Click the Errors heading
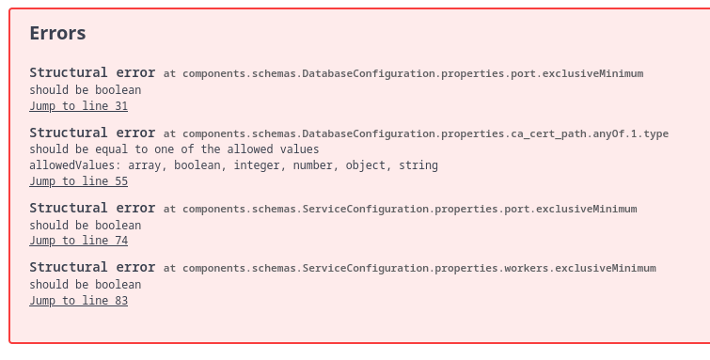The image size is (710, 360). [x=57, y=34]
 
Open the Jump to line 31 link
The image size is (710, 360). [x=78, y=106]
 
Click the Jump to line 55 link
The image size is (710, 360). [x=78, y=181]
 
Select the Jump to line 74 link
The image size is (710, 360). [x=78, y=241]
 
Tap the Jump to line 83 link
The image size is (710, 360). [x=78, y=301]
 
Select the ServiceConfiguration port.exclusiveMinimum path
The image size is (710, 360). [x=409, y=209]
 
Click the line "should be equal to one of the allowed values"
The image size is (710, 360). [x=174, y=149]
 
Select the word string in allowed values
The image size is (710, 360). [x=418, y=165]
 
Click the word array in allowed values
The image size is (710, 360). [x=147, y=165]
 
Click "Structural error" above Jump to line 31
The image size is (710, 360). [x=92, y=72]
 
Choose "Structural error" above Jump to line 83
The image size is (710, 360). [x=92, y=267]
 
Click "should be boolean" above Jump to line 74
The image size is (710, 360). [x=86, y=225]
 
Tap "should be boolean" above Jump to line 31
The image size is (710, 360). [x=86, y=89]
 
